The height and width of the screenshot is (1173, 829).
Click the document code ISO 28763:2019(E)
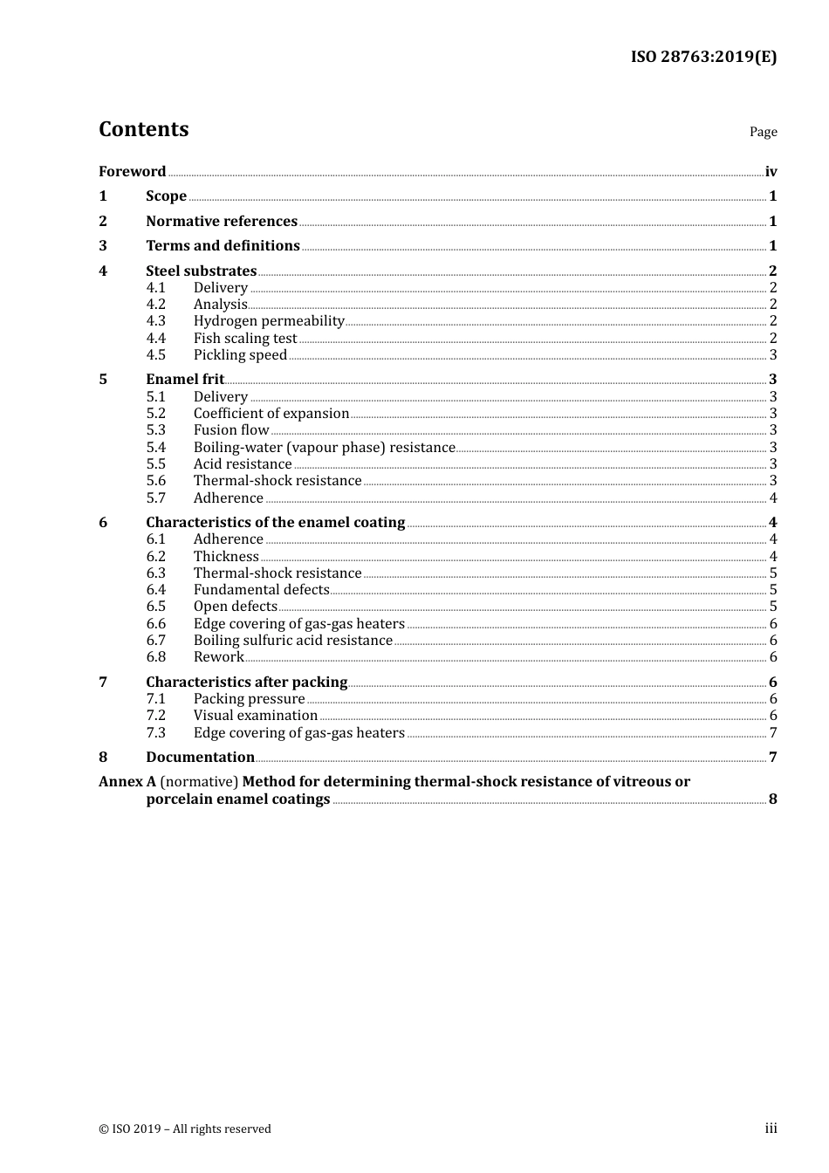pyautogui.click(x=703, y=57)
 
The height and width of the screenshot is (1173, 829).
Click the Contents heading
pyautogui.click(x=143, y=129)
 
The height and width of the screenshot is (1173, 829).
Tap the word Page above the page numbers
pyautogui.click(x=763, y=132)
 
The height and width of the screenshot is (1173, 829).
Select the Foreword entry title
pyautogui.click(x=132, y=172)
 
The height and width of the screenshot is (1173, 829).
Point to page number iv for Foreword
pyautogui.click(x=771, y=172)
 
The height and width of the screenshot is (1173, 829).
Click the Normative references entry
pyautogui.click(x=222, y=222)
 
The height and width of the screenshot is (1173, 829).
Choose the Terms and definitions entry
pyautogui.click(x=223, y=246)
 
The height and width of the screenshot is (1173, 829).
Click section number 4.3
pyautogui.click(x=155, y=321)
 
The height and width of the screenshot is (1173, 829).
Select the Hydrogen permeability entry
pyautogui.click(x=269, y=321)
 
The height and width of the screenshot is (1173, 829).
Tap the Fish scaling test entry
pyautogui.click(x=245, y=339)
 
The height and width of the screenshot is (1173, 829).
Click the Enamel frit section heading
pyautogui.click(x=185, y=380)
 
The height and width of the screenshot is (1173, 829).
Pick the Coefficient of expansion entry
pyautogui.click(x=271, y=414)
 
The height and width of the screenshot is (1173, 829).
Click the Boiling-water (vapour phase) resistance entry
pyautogui.click(x=324, y=448)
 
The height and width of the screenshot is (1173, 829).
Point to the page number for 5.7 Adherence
pyautogui.click(x=772, y=498)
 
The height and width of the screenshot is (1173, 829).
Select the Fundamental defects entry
pyautogui.click(x=261, y=590)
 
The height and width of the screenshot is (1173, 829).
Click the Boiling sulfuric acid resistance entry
pyautogui.click(x=292, y=641)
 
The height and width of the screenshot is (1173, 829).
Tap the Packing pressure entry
pyautogui.click(x=249, y=699)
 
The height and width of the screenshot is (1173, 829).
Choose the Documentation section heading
pyautogui.click(x=200, y=758)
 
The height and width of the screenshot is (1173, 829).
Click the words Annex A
pyautogui.click(x=127, y=782)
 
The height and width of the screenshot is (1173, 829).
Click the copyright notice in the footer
pyautogui.click(x=185, y=1129)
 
